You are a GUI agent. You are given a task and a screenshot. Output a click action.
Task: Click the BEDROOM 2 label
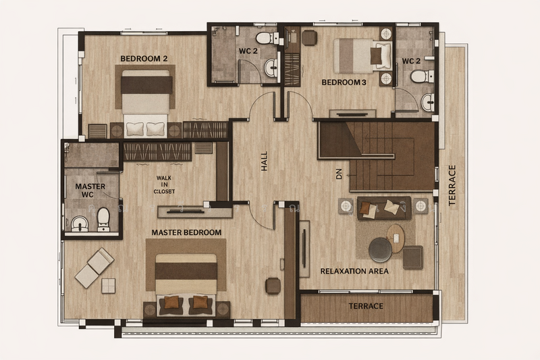(144, 59)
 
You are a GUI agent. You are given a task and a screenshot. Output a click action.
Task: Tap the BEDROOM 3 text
(344, 82)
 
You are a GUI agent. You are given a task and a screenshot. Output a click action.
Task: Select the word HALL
(264, 161)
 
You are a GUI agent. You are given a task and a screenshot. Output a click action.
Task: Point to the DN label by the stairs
(339, 174)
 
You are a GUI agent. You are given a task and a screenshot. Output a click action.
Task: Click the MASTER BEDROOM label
(186, 232)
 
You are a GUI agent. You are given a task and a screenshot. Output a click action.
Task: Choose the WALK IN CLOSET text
(164, 184)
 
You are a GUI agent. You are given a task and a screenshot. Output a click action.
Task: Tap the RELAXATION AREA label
(354, 271)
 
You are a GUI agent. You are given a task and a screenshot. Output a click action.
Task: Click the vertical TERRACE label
(452, 185)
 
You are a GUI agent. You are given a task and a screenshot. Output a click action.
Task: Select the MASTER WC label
(90, 190)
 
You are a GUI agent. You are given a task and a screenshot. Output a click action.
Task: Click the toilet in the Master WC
(103, 219)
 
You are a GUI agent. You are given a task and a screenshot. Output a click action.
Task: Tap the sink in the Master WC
(80, 224)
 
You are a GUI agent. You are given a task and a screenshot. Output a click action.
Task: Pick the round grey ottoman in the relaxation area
(380, 250)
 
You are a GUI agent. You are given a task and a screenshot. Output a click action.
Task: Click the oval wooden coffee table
(396, 238)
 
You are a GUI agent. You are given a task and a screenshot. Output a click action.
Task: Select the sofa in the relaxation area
(384, 208)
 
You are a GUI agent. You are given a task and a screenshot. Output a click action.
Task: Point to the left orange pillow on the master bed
(171, 302)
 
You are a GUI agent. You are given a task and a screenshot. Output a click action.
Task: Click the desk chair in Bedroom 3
(309, 38)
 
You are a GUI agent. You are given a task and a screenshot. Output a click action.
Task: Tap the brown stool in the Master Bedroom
(273, 286)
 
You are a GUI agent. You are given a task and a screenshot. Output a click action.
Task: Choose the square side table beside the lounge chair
(109, 286)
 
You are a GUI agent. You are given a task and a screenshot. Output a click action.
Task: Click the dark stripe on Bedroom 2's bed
(146, 84)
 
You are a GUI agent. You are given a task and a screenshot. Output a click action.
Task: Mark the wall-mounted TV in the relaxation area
(304, 249)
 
